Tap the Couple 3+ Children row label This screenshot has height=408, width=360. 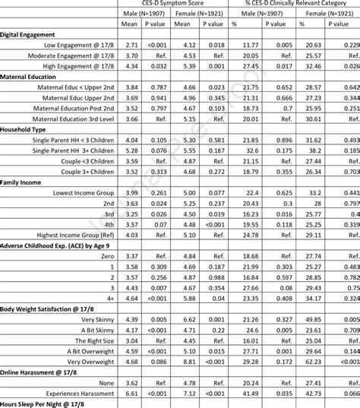[85, 172]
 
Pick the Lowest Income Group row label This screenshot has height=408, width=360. [84, 194]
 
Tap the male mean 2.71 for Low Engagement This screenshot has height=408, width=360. [131, 46]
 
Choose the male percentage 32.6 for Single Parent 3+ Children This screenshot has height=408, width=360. [251, 151]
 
